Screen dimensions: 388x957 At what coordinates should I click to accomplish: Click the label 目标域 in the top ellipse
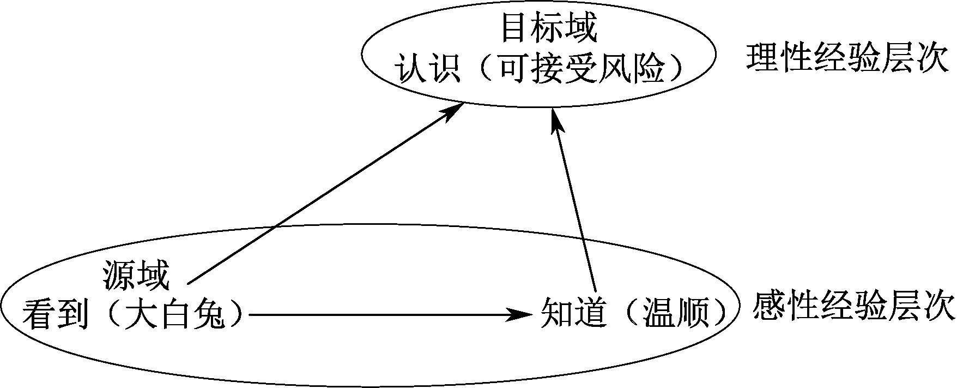[x=549, y=29]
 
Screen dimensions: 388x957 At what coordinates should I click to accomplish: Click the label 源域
[x=136, y=276]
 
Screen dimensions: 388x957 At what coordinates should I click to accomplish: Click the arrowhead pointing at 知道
[x=520, y=314]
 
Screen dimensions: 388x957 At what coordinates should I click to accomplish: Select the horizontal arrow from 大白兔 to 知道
[x=381, y=314]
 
